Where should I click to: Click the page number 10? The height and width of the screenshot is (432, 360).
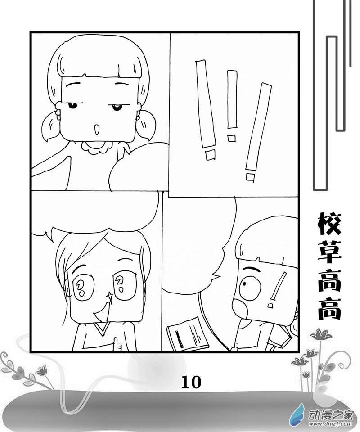click(x=191, y=382)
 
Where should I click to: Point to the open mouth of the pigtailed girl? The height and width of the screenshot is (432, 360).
click(x=96, y=130)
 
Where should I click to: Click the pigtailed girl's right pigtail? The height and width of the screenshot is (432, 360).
click(x=146, y=125)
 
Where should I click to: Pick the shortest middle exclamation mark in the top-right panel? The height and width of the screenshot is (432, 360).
click(x=232, y=106)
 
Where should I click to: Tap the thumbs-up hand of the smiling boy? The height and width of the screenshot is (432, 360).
click(x=117, y=344)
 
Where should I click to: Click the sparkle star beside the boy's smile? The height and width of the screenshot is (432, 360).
click(x=110, y=297)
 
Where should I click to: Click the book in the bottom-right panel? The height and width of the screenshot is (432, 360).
click(x=187, y=333)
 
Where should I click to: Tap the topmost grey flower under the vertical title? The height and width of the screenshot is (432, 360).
click(x=320, y=334)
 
